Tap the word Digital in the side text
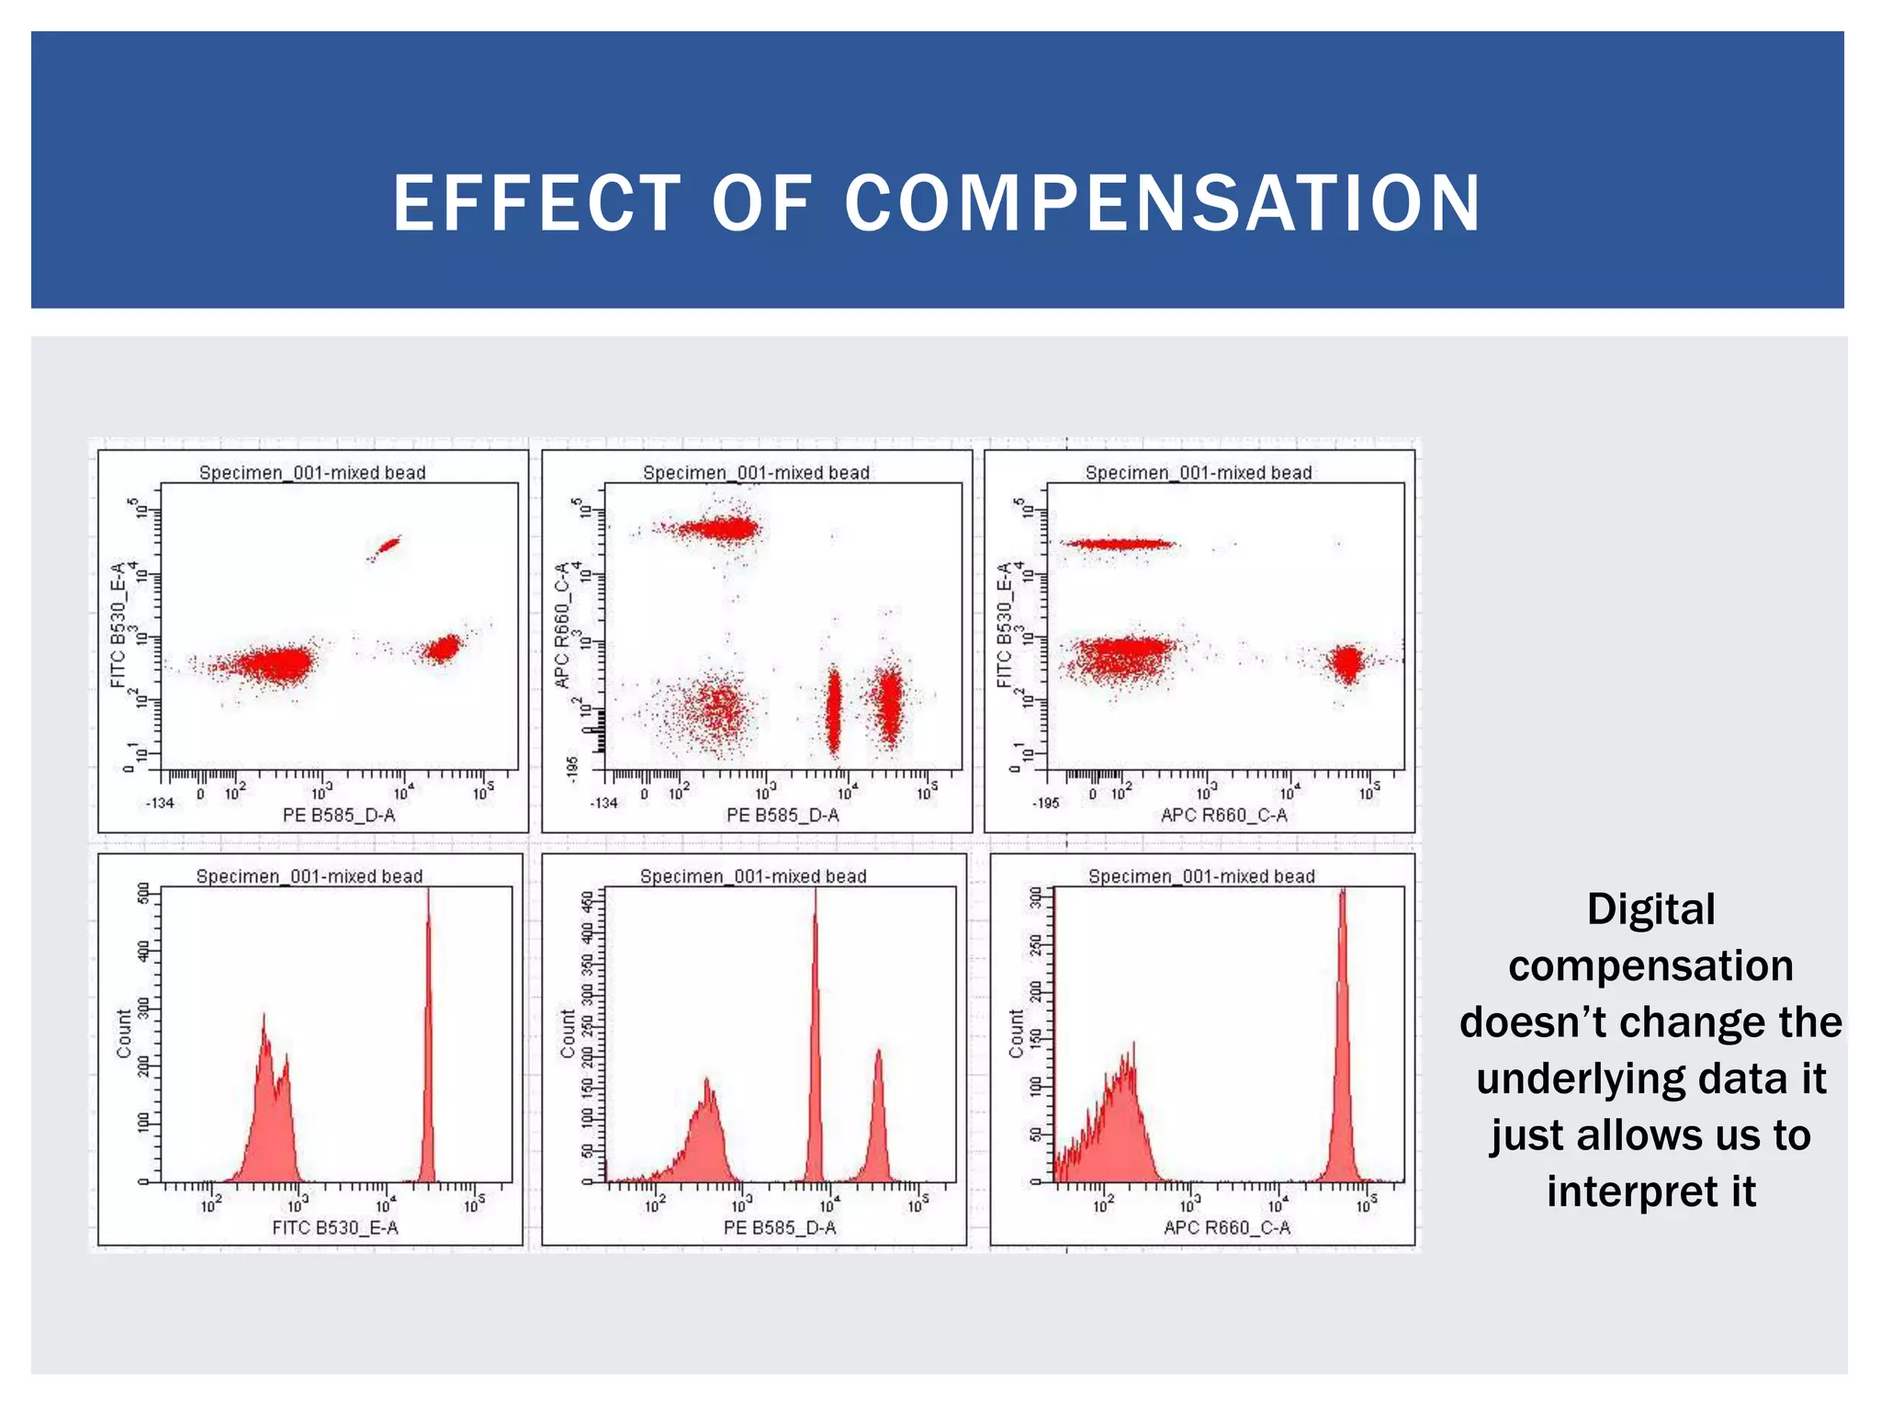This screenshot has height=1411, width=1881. [1650, 909]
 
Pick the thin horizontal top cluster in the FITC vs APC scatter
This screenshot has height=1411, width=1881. [1118, 544]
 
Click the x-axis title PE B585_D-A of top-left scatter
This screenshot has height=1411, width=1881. [339, 815]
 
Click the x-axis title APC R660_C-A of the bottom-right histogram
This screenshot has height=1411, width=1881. [1226, 1227]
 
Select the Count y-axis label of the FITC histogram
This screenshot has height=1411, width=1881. [124, 1033]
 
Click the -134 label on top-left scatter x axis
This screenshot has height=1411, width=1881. [160, 803]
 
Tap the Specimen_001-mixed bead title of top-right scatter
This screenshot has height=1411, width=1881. [1199, 472]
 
